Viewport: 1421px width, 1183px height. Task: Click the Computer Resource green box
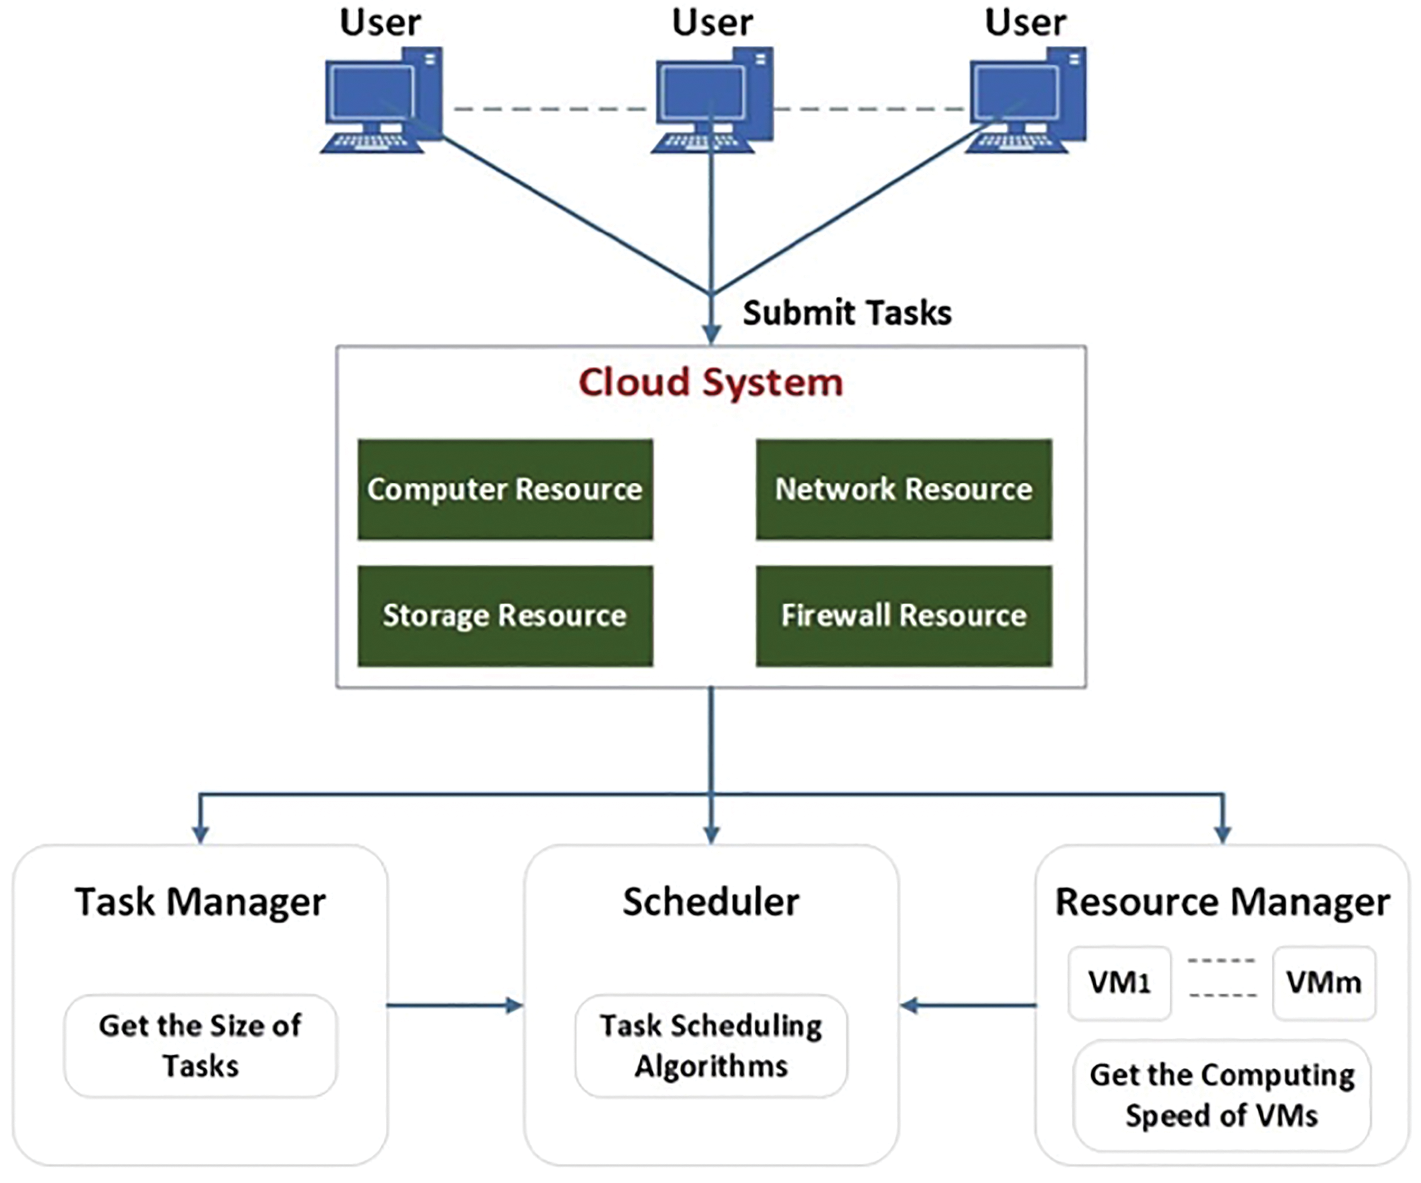pos(505,489)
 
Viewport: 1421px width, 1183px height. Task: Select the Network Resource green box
pos(903,489)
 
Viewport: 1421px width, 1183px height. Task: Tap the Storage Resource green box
pos(505,615)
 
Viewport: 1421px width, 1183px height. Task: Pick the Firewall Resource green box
pos(903,615)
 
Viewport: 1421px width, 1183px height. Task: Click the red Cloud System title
pos(710,382)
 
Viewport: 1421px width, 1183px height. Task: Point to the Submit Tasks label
pos(846,313)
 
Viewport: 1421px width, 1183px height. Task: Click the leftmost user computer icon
pos(382,100)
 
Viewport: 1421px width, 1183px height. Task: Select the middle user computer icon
pos(712,100)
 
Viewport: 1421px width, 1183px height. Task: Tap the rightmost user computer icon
pos(1026,100)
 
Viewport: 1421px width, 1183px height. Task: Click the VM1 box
pos(1119,983)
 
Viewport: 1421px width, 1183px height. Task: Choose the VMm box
pos(1324,983)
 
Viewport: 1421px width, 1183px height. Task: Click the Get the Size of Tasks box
pos(200,1045)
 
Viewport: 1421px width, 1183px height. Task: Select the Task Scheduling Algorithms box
pos(710,1045)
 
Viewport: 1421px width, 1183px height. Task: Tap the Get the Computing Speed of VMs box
pos(1221,1095)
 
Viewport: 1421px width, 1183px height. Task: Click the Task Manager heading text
pos(200,902)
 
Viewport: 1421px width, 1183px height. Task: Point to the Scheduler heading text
pos(710,902)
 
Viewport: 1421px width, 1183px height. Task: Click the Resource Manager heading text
pos(1222,902)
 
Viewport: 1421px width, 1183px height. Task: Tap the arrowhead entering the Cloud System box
pos(711,334)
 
